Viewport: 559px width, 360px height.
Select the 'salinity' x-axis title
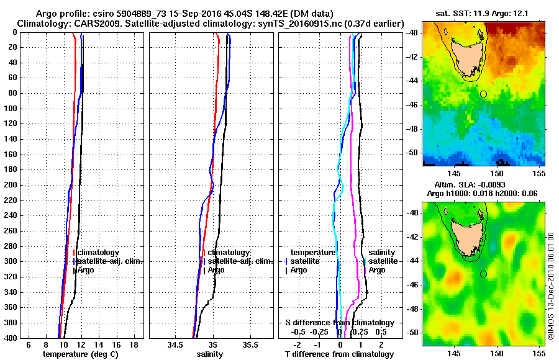pyautogui.click(x=211, y=354)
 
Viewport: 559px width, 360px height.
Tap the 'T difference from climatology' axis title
pyautogui.click(x=340, y=354)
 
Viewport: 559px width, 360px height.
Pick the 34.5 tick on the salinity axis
pyautogui.click(x=175, y=344)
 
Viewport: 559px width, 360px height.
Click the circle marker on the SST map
pyautogui.click(x=483, y=94)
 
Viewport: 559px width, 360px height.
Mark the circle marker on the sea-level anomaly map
pyautogui.click(x=483, y=274)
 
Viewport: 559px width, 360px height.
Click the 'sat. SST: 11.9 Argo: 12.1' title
pyautogui.click(x=484, y=14)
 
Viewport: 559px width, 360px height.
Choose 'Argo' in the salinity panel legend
pyautogui.click(x=216, y=270)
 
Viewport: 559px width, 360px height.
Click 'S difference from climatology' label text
pyautogui.click(x=340, y=323)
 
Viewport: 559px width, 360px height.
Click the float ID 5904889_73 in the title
pyautogui.click(x=156, y=14)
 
